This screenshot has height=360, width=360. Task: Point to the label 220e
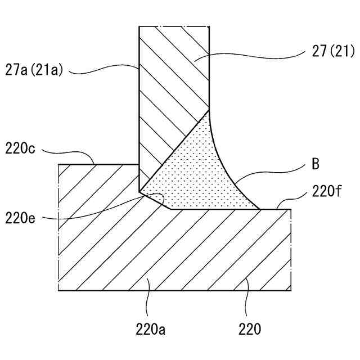(21, 216)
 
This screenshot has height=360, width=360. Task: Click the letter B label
(316, 165)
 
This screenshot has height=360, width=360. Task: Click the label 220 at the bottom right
(249, 328)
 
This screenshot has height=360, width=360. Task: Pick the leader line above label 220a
(147, 298)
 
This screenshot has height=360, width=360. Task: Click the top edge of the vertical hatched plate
(174, 26)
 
